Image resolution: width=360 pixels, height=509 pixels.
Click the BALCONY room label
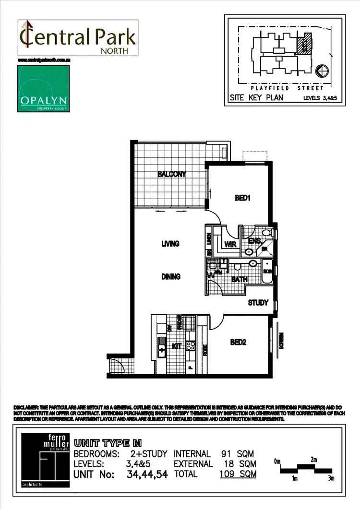click(171, 174)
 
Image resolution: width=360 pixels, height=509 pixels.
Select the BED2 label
click(238, 342)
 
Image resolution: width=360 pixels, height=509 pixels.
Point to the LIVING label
click(170, 244)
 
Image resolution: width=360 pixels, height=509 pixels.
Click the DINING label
click(170, 276)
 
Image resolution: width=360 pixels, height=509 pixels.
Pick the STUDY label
click(258, 303)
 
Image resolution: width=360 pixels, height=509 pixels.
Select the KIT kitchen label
click(177, 344)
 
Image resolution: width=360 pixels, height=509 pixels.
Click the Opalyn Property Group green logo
click(44, 89)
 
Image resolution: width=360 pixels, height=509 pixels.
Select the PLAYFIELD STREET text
click(287, 88)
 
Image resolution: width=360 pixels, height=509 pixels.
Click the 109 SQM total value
click(238, 474)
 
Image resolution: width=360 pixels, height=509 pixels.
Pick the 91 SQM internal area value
click(238, 454)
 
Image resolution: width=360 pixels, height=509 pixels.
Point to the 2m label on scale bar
click(313, 460)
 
